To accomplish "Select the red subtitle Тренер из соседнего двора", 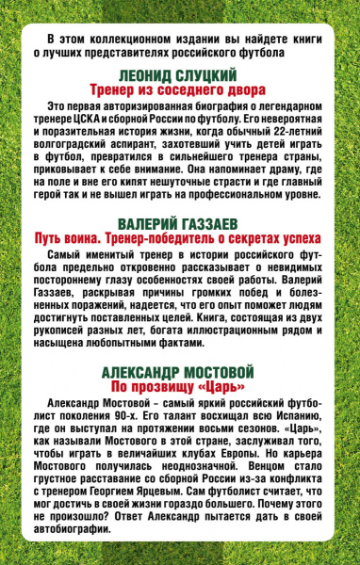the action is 180,93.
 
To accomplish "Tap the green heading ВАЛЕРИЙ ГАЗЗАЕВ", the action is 180,240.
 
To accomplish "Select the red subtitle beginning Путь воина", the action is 180,254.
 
